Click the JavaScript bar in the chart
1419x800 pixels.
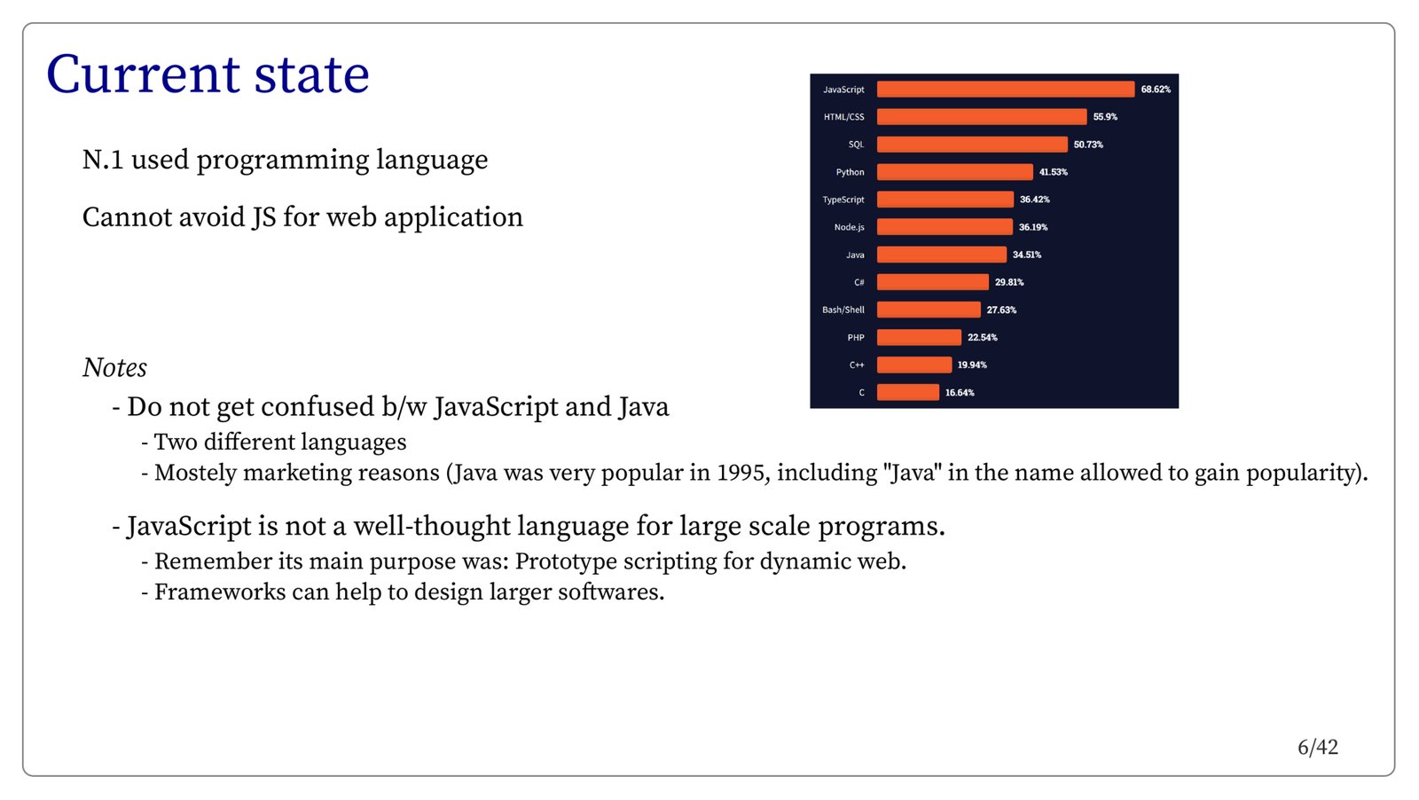click(1005, 90)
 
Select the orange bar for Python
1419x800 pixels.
click(954, 172)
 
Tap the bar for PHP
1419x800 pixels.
click(919, 337)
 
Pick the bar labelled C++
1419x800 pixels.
click(914, 365)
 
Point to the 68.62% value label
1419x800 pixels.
click(1156, 90)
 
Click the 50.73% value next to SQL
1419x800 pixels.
click(1088, 145)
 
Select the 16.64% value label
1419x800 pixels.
click(960, 393)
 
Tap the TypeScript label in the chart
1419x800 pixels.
click(843, 200)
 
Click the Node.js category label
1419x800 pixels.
click(849, 227)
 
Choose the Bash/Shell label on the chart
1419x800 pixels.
click(843, 310)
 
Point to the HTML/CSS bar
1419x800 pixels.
click(981, 117)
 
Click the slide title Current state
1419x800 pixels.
click(208, 75)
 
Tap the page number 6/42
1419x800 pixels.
click(1317, 748)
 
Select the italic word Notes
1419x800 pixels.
click(114, 367)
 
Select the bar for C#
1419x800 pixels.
click(932, 282)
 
